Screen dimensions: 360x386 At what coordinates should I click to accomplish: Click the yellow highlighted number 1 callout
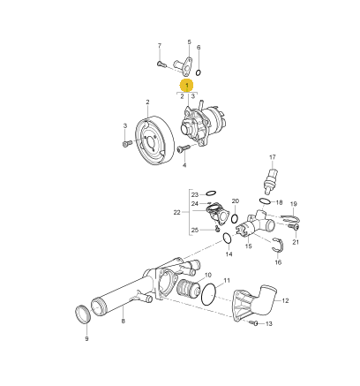pos(187,86)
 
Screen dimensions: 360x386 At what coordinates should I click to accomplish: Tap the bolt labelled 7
pos(161,64)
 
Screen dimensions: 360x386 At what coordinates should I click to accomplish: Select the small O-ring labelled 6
pos(199,72)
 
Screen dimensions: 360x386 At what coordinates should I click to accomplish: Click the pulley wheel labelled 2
pos(155,140)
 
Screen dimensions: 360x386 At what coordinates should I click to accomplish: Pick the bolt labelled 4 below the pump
pos(183,149)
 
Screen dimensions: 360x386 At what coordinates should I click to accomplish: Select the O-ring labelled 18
pos(265,201)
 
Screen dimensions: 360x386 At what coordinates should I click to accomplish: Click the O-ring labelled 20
pos(235,218)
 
